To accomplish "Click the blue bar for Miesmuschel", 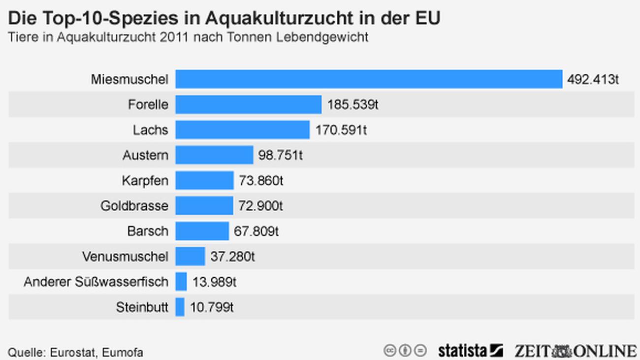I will [369, 79].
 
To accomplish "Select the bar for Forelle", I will [248, 104].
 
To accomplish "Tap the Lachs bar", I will [242, 130].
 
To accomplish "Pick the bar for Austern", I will [214, 155].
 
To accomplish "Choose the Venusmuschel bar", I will [190, 257].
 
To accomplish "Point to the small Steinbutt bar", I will [180, 307].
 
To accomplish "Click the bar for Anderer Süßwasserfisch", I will [181, 282].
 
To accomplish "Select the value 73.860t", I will [261, 181].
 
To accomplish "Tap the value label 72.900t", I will [261, 206].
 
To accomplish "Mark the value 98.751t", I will [280, 156].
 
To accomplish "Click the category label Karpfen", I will [145, 181].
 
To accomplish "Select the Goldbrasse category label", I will [134, 206].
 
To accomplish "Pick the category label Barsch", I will [147, 231].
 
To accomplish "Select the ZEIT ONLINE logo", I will [576, 351].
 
